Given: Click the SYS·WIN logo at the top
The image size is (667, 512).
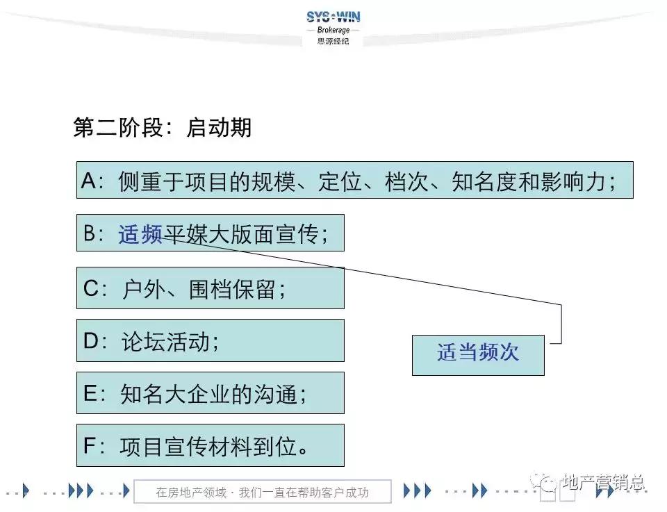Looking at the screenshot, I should click(x=333, y=17).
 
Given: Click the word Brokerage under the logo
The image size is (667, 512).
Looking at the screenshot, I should click(x=333, y=31).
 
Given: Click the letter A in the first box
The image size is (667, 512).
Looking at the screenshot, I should click(x=88, y=181).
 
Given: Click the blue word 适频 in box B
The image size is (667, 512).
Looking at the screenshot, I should click(x=140, y=234).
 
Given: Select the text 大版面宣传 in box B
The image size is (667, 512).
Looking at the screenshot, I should click(x=264, y=234).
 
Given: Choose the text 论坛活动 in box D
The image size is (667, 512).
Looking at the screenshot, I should click(x=165, y=341).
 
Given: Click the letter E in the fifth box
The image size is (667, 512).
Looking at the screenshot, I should click(x=90, y=394).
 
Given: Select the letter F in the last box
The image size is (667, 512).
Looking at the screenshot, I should click(x=90, y=446).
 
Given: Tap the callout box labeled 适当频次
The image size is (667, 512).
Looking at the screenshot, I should click(x=478, y=354).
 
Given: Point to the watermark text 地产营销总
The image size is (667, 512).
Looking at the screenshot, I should click(x=604, y=481).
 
